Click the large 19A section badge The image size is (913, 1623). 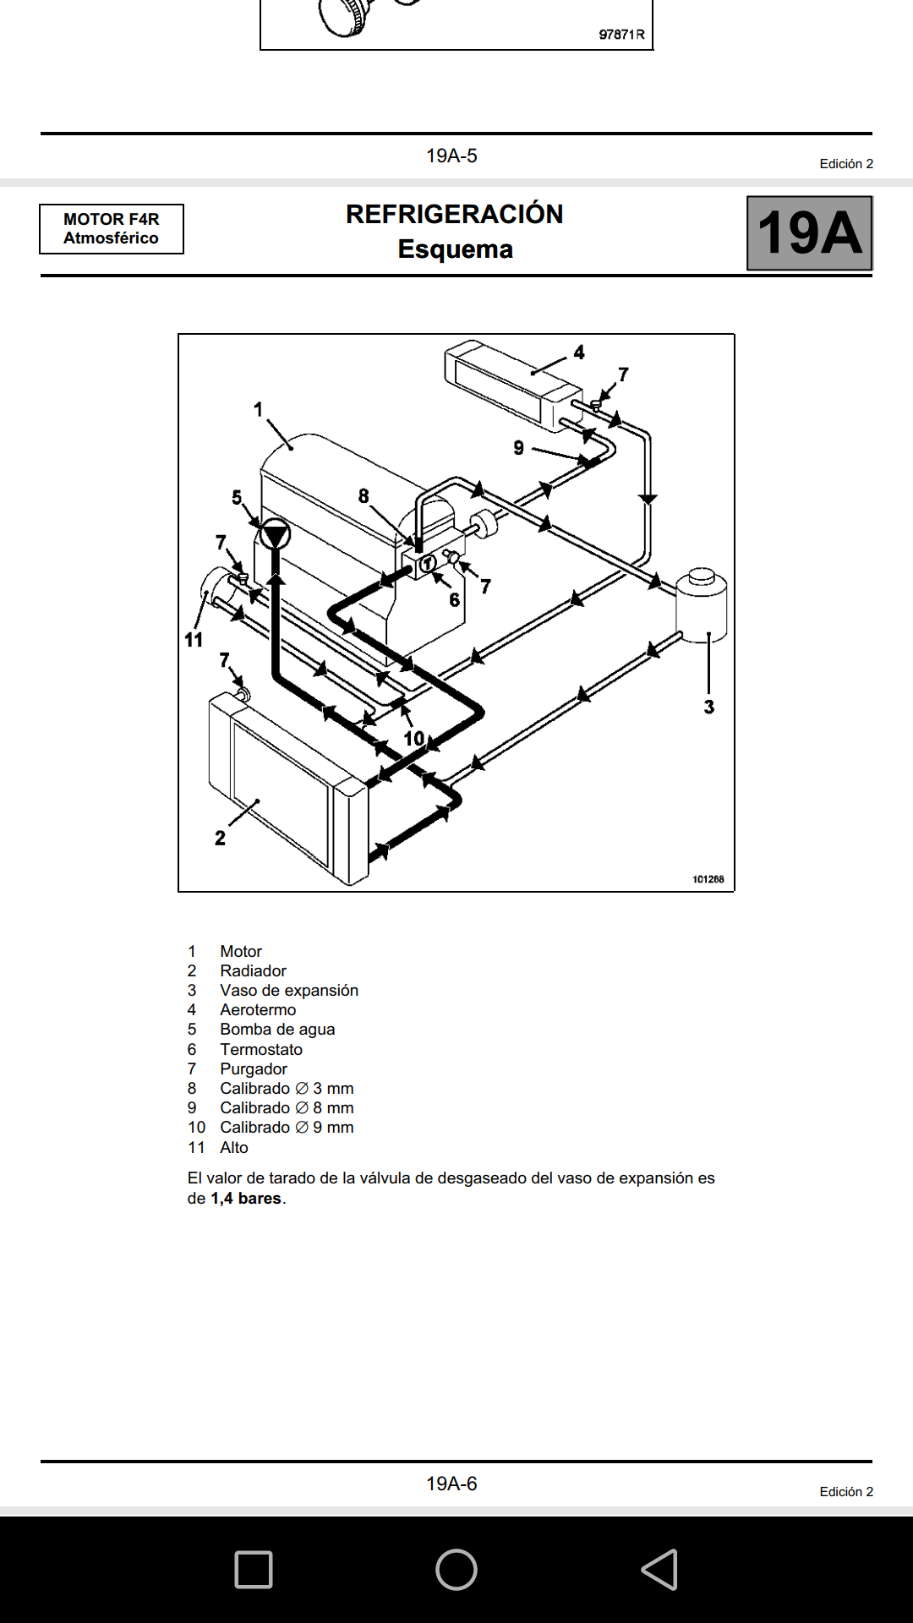pyautogui.click(x=809, y=233)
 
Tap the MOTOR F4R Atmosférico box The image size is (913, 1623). pyautogui.click(x=112, y=229)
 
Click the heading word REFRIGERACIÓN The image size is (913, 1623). pyautogui.click(x=454, y=215)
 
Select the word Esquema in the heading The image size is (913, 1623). pyautogui.click(x=455, y=249)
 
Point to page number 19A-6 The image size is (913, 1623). pyautogui.click(x=451, y=1484)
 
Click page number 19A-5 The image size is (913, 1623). pyautogui.click(x=451, y=156)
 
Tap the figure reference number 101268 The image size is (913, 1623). pyautogui.click(x=708, y=879)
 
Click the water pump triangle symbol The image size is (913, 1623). pyautogui.click(x=275, y=535)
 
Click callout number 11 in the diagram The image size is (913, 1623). pyautogui.click(x=194, y=640)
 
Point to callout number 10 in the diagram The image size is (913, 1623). pyautogui.click(x=414, y=738)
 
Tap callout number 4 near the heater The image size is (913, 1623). pyautogui.click(x=579, y=352)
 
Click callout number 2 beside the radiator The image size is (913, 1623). pyautogui.click(x=220, y=838)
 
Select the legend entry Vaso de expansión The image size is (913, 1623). pyautogui.click(x=289, y=990)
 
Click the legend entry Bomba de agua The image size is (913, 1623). pyautogui.click(x=277, y=1029)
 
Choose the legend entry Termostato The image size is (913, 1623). pyautogui.click(x=261, y=1049)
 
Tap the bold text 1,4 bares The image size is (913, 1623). pyautogui.click(x=246, y=1198)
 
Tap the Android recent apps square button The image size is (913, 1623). pyautogui.click(x=254, y=1570)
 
